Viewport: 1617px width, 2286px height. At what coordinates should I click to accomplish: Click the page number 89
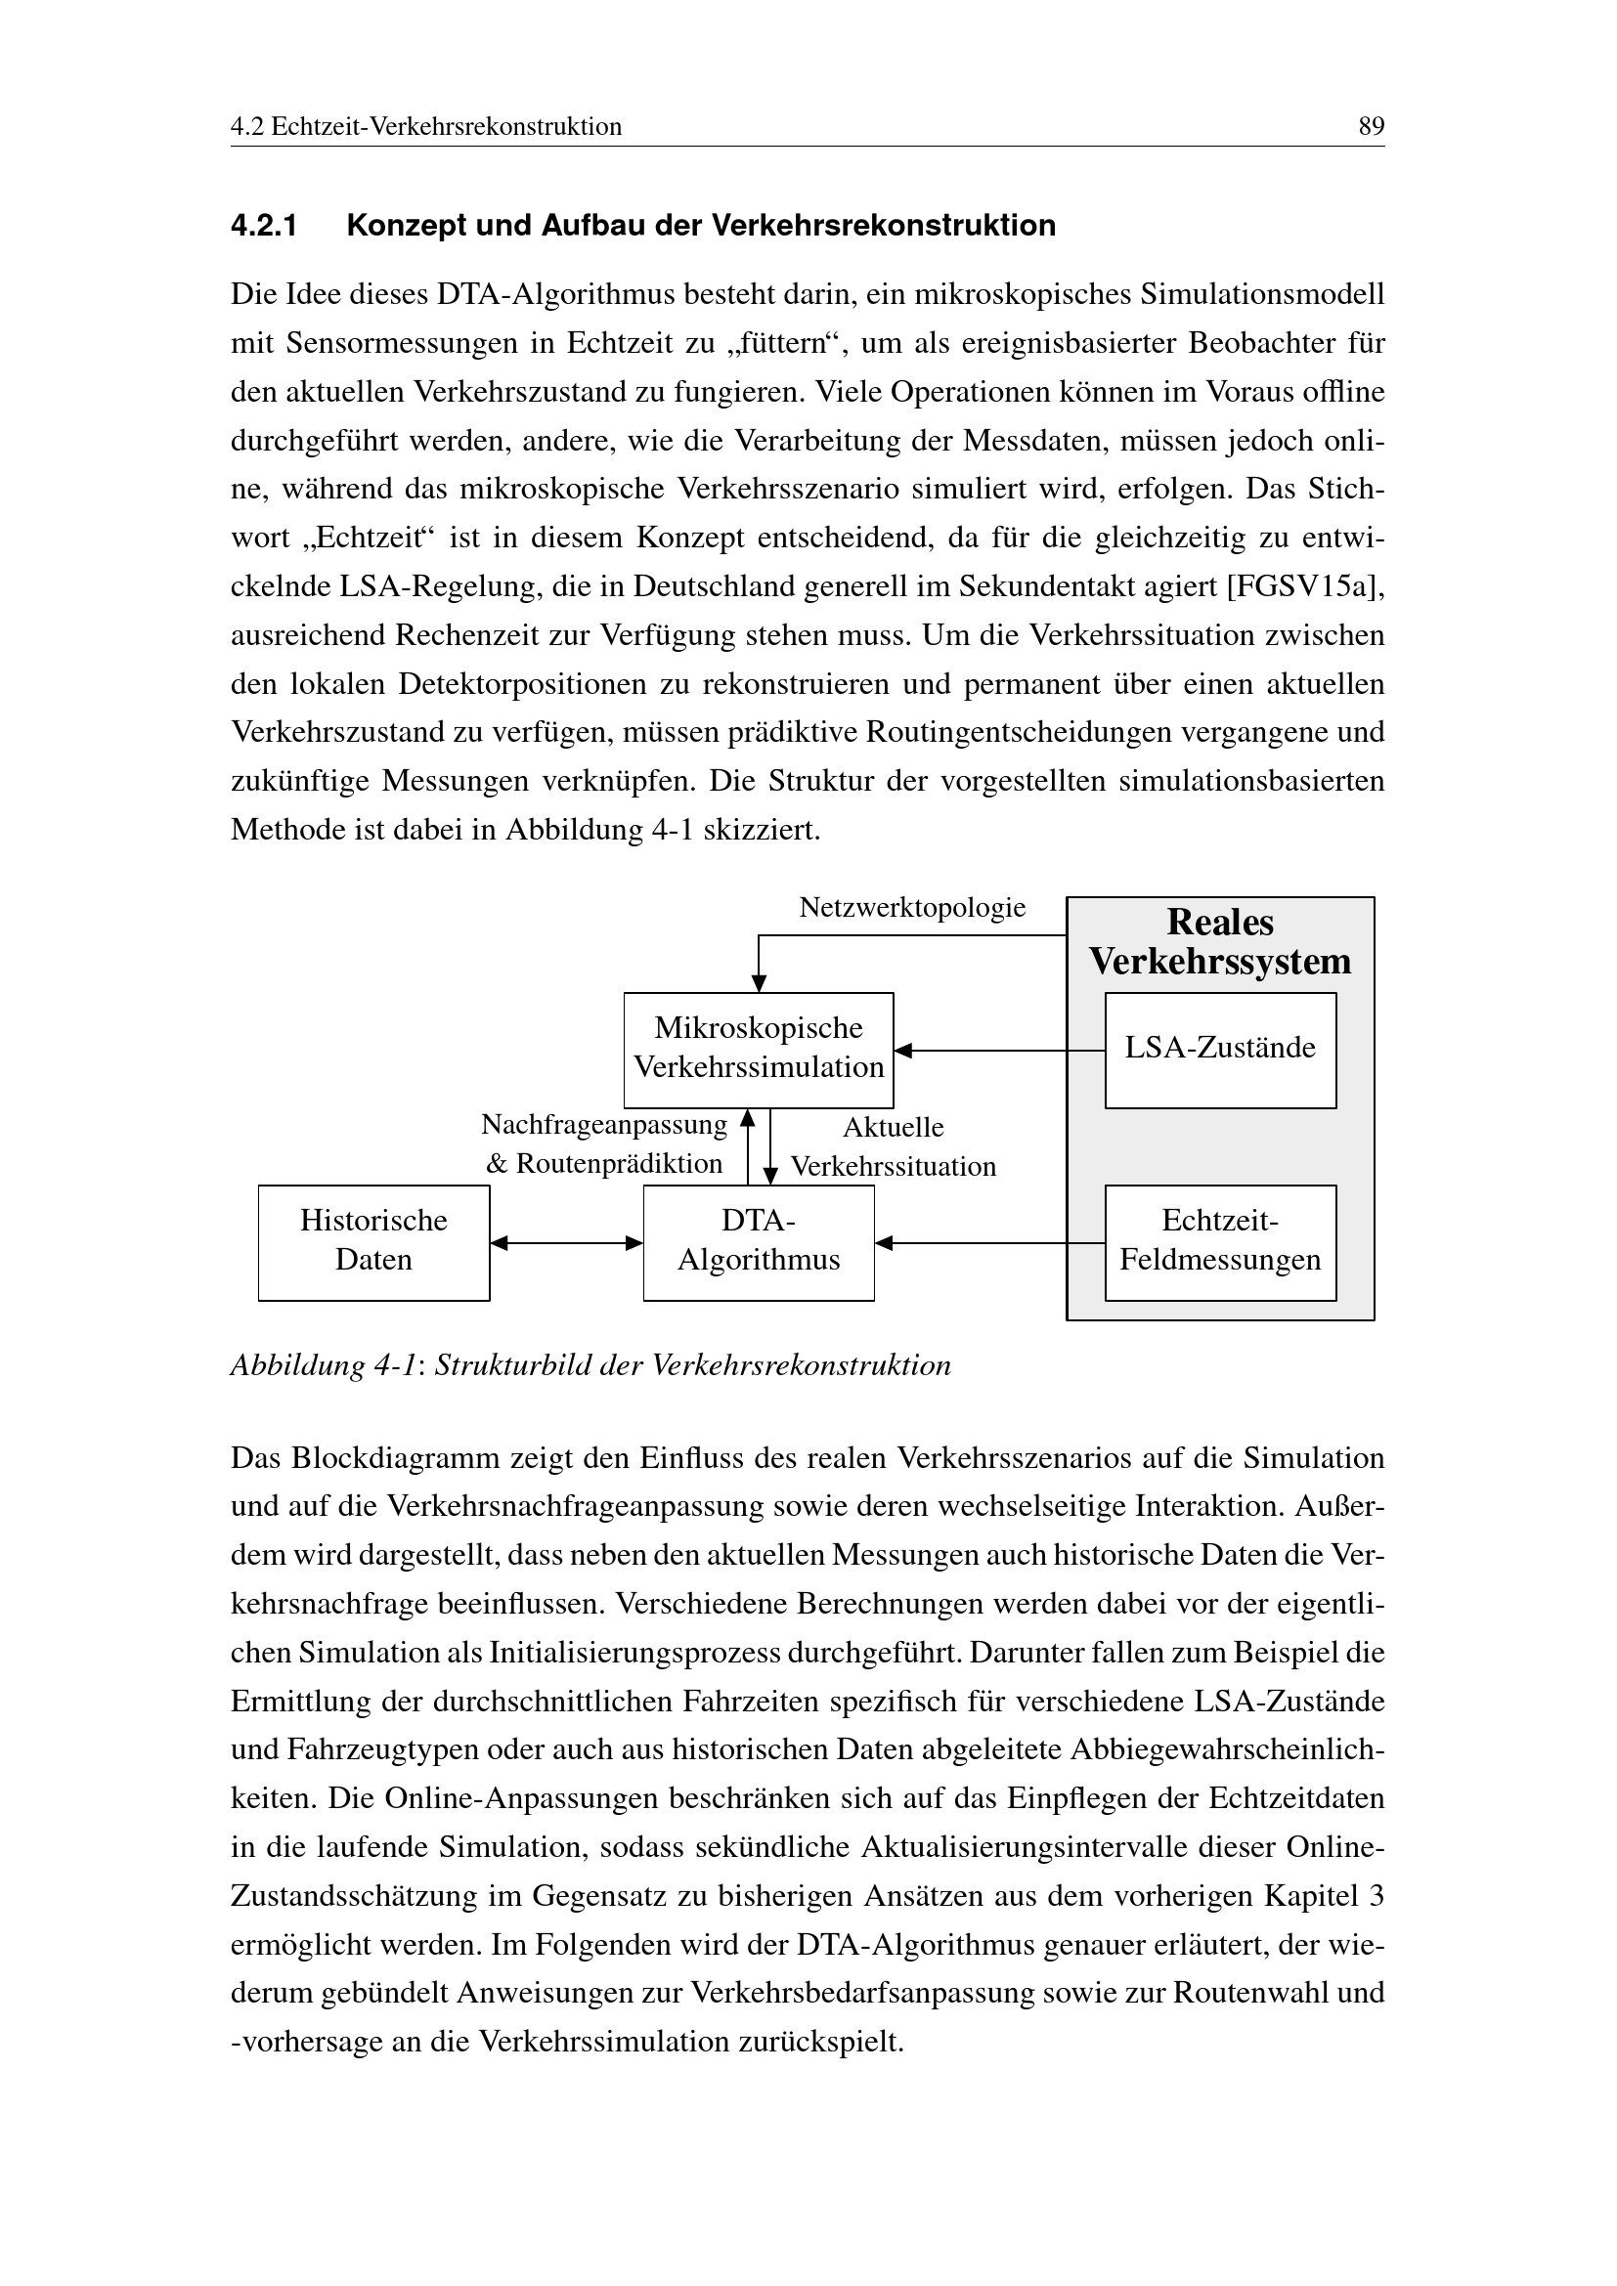point(1370,126)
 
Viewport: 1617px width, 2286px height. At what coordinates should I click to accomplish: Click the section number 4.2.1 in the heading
point(264,226)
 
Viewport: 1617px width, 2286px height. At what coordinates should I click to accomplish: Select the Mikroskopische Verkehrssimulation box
point(758,1049)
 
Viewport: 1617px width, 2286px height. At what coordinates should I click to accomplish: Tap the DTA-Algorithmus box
point(758,1241)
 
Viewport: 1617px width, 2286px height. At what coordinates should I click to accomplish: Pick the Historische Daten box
point(373,1241)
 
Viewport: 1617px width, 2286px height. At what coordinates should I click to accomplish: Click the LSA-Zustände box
point(1220,1049)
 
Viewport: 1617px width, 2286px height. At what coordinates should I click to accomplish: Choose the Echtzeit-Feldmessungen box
point(1220,1241)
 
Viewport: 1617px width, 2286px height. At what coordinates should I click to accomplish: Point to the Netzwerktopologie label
point(912,907)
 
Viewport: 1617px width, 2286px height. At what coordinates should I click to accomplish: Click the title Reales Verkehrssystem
point(1220,942)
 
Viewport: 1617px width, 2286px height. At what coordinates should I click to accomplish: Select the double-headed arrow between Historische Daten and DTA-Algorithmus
point(567,1242)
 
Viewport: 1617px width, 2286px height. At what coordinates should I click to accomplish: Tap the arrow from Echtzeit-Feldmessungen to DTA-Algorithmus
point(988,1242)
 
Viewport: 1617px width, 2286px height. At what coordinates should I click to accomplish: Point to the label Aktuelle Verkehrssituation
point(894,1146)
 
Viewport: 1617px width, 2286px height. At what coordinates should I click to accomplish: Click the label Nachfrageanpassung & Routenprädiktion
point(604,1144)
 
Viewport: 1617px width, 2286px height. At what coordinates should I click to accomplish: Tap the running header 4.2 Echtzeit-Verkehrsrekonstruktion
point(426,126)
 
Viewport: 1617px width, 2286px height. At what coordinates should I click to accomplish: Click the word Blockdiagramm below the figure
point(396,1457)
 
